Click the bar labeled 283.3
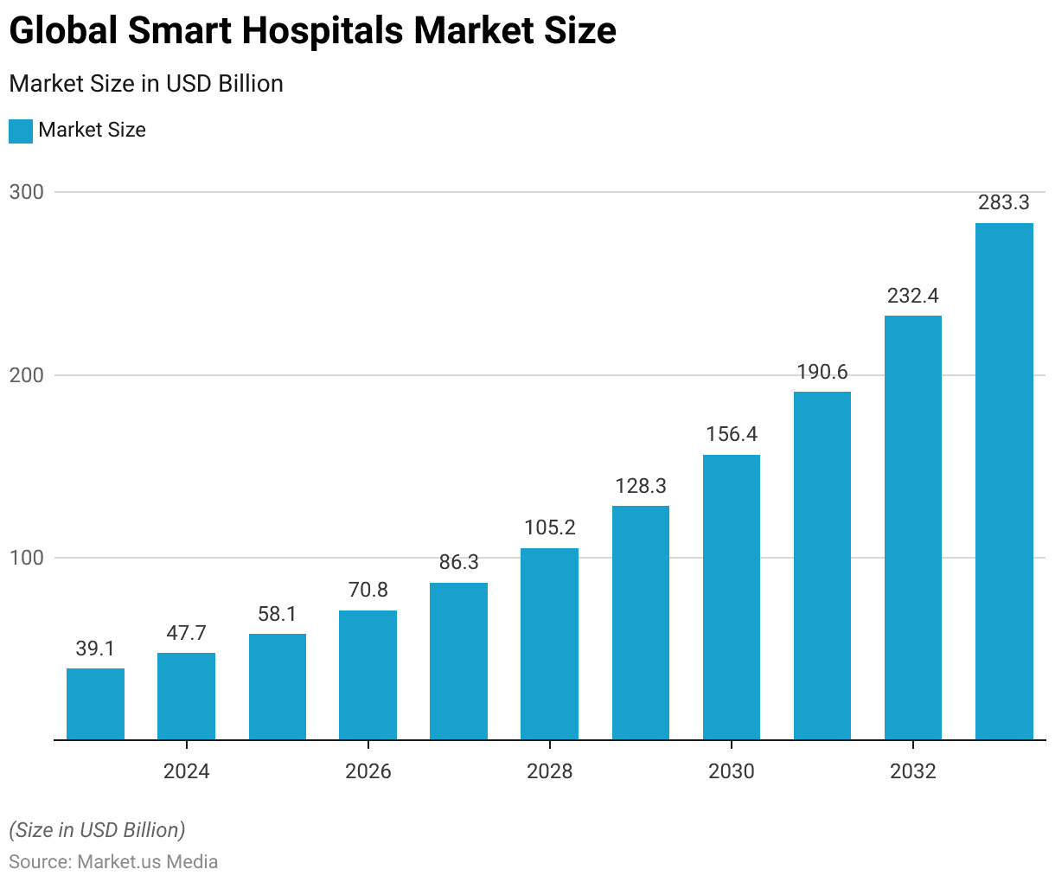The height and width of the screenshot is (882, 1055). pos(1004,482)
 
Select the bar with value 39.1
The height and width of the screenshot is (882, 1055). pos(95,704)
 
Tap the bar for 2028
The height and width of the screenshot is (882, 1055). pos(549,644)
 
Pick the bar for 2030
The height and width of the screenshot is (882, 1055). pos(732,598)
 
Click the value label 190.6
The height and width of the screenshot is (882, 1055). pos(822,373)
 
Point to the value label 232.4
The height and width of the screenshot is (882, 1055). pos(912,297)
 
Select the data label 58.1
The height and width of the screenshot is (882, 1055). pos(277,614)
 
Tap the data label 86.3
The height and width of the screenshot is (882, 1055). pos(458,562)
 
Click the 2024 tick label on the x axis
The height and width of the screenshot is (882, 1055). pos(186,770)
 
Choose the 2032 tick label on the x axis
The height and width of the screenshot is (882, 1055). pos(912,770)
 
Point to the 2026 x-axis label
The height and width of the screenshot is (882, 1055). pos(368,770)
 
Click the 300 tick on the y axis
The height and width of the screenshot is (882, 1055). pos(27,192)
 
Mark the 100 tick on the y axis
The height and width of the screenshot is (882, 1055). pos(27,558)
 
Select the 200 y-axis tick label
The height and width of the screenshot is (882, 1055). pos(27,375)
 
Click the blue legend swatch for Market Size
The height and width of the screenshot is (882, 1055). pos(21,131)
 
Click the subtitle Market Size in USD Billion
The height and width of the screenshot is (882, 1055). pos(146,84)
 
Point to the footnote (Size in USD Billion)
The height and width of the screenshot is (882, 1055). pos(97,830)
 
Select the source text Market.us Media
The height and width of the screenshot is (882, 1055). pos(148,862)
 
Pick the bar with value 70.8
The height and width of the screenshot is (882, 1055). pos(368,675)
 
